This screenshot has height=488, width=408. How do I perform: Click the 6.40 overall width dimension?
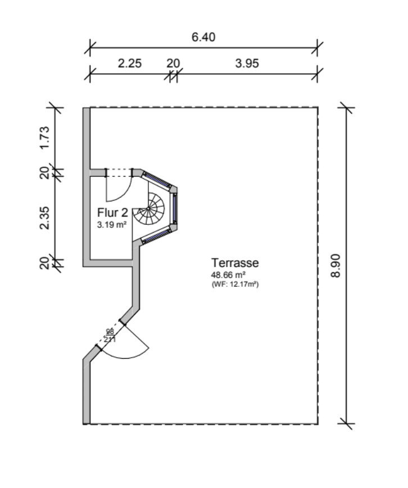point(203,38)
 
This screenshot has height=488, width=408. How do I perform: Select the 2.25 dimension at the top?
point(129,64)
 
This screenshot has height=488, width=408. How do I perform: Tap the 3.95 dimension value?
point(247,64)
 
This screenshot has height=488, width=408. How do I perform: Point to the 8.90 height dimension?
point(336,264)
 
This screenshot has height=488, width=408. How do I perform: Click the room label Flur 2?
point(113,213)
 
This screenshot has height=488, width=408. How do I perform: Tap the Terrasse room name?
point(235,263)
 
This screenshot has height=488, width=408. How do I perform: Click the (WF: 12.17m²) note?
point(235,284)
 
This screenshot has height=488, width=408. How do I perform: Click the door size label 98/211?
point(109,336)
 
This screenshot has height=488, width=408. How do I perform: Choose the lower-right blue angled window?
point(157,236)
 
